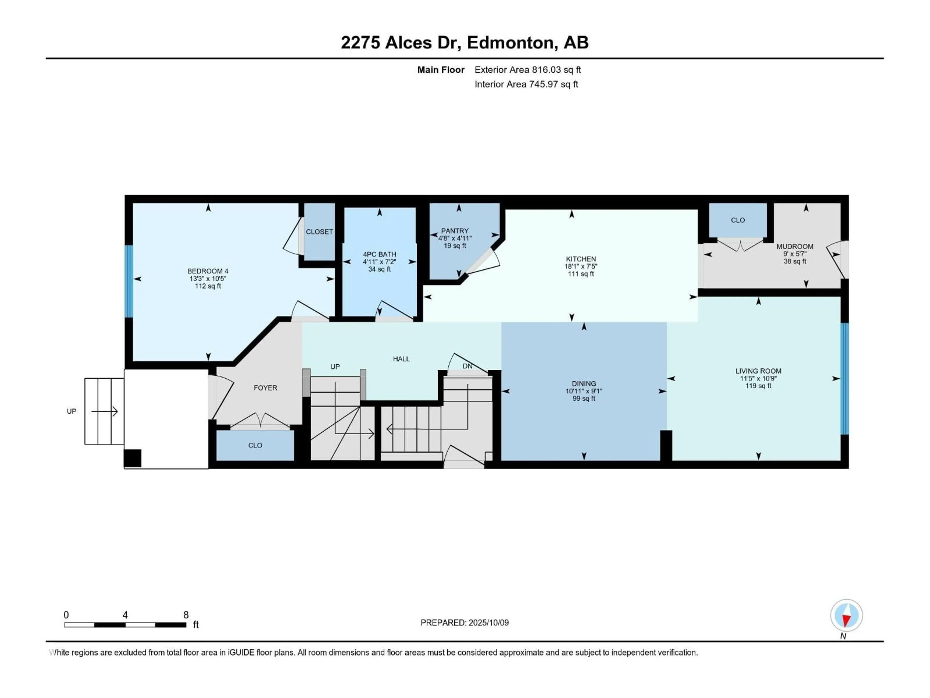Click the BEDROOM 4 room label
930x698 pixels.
pos(208,271)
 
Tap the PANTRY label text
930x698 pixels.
pos(455,230)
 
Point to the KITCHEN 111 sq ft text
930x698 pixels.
pos(581,274)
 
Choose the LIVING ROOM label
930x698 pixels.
pos(758,371)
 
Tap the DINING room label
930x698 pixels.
pos(584,383)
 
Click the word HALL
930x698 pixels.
pos(401,359)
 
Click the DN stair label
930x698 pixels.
pos(467,366)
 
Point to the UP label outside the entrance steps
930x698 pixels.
pos(71,411)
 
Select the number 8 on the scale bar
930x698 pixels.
pos(186,615)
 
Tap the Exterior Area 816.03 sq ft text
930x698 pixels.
pos(528,70)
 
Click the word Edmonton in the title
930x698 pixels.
pos(510,42)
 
